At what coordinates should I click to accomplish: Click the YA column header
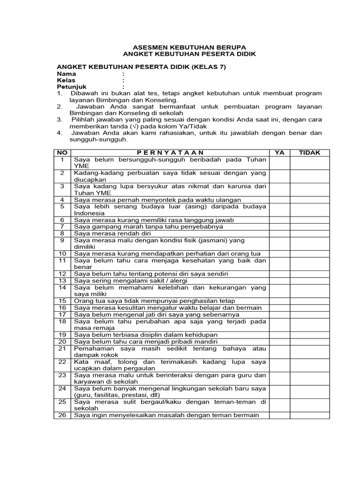(280, 153)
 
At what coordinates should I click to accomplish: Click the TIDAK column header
(309, 153)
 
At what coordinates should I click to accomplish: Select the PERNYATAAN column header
(170, 153)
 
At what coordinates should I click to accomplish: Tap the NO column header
(62, 153)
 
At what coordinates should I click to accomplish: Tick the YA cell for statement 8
(280, 233)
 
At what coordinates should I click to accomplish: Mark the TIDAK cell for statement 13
(309, 280)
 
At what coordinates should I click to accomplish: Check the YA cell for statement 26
(280, 415)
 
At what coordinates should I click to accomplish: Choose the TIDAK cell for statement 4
(309, 200)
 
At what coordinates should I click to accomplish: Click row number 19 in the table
(62, 335)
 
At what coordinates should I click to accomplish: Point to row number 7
(62, 226)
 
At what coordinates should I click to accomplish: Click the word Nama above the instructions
(67, 74)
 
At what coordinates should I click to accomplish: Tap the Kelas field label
(67, 81)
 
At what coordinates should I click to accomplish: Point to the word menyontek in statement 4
(161, 200)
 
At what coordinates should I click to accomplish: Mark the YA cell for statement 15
(280, 300)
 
